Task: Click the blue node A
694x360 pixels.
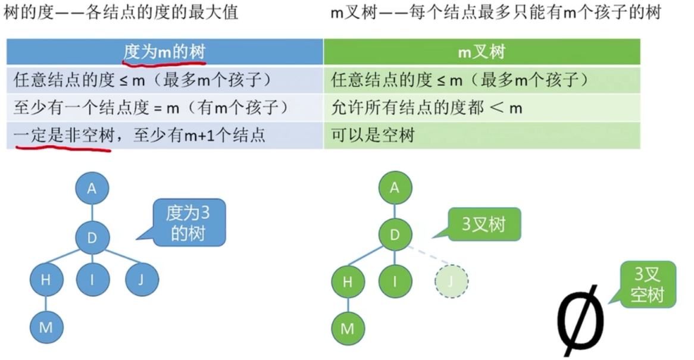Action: pyautogui.click(x=92, y=189)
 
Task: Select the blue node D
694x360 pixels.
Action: pyautogui.click(x=92, y=238)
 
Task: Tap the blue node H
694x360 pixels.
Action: pyautogui.click(x=46, y=279)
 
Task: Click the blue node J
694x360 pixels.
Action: pyautogui.click(x=141, y=279)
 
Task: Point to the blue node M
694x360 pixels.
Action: pyautogui.click(x=46, y=327)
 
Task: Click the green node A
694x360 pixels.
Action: pyautogui.click(x=395, y=189)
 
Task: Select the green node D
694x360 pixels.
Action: pyautogui.click(x=395, y=236)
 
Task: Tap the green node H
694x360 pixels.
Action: pyautogui.click(x=348, y=281)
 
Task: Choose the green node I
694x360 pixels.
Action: pyautogui.click(x=395, y=281)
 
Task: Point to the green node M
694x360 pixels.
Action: pyautogui.click(x=348, y=328)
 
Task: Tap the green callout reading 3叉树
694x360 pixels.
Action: pyautogui.click(x=484, y=224)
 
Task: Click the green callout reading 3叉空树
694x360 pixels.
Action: pyautogui.click(x=647, y=284)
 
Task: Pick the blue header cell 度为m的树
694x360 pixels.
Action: pyautogui.click(x=164, y=52)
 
